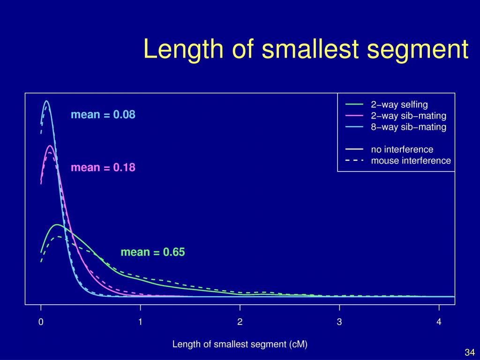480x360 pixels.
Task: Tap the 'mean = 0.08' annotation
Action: coord(103,114)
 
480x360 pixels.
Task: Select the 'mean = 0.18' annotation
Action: coord(103,167)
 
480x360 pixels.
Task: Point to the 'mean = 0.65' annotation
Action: coord(153,252)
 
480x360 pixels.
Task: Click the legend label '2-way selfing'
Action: coord(399,104)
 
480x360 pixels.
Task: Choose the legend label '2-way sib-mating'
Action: coord(408,115)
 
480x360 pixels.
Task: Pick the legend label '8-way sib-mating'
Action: coord(408,127)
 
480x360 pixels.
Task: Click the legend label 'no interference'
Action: coord(402,150)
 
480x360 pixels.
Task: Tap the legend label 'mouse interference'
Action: coord(411,161)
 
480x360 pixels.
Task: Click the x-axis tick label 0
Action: coord(41,322)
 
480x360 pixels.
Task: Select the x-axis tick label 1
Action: coord(140,322)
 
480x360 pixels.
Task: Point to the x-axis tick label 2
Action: coord(240,322)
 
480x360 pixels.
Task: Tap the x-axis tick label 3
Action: coord(339,322)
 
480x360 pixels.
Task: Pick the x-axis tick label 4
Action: coord(439,322)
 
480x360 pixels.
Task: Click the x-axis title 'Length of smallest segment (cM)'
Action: coord(240,345)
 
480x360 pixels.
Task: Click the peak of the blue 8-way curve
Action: coord(46,101)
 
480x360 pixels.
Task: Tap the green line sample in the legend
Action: coord(354,104)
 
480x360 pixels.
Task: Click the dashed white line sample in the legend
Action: coord(354,161)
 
